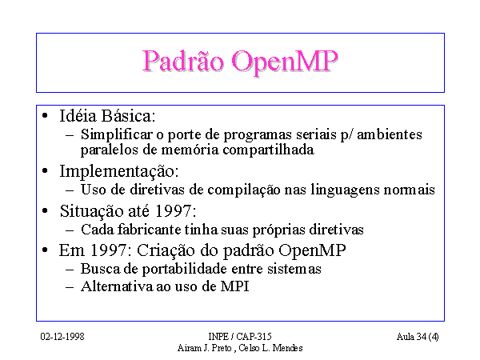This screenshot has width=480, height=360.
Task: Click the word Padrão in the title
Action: tap(183, 62)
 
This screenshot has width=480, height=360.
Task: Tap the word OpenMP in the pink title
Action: tap(284, 62)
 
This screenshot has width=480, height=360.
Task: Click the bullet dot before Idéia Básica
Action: tap(45, 116)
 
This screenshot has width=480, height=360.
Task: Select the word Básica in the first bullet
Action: tap(128, 116)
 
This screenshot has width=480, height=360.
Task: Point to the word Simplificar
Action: tap(116, 134)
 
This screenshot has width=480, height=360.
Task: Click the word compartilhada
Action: tap(268, 150)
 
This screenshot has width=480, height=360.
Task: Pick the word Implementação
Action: tap(118, 171)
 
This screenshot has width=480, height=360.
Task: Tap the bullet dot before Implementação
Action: tap(45, 171)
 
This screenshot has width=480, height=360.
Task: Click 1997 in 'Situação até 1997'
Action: tap(174, 211)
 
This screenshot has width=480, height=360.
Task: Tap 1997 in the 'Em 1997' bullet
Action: tap(108, 250)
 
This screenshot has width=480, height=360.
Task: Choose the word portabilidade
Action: tap(184, 269)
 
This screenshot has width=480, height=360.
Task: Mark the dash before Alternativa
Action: tap(70, 287)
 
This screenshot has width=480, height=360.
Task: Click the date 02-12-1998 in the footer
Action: tap(62, 337)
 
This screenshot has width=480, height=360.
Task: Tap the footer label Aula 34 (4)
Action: tap(418, 337)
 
